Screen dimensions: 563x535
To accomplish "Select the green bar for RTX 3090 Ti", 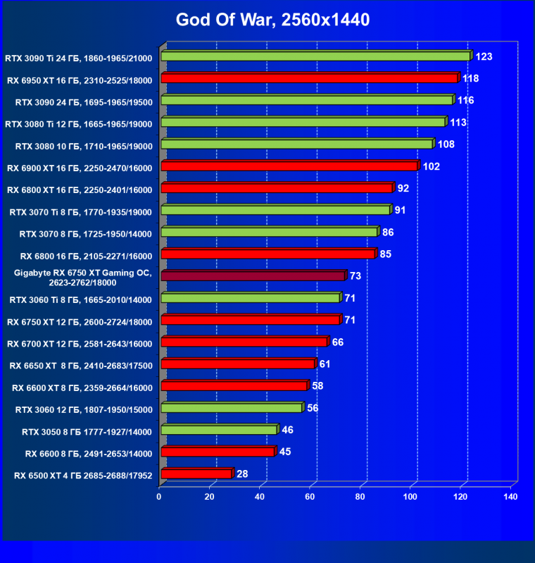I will (315, 56).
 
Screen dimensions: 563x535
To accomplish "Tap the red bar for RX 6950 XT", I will (309, 78).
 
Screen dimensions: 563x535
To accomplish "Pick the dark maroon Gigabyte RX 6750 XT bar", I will (253, 276).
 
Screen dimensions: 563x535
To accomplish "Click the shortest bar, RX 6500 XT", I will (196, 474).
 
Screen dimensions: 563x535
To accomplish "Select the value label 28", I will (242, 474).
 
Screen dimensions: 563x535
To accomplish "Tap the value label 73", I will (357, 276).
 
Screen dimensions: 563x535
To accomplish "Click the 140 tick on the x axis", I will (510, 497).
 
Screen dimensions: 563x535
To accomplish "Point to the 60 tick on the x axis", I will (310, 497).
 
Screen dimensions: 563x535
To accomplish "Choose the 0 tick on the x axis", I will (160, 497).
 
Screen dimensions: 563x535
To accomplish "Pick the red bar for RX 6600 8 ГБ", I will (218, 452).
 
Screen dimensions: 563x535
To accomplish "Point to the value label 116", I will (465, 101).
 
